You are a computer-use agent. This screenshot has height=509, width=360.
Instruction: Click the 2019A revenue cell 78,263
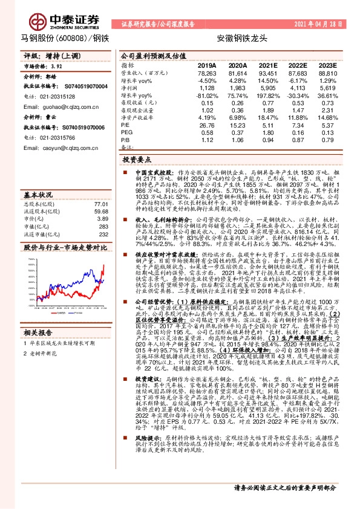tap(207, 73)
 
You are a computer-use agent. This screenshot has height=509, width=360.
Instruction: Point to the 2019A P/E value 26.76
tap(207, 125)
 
